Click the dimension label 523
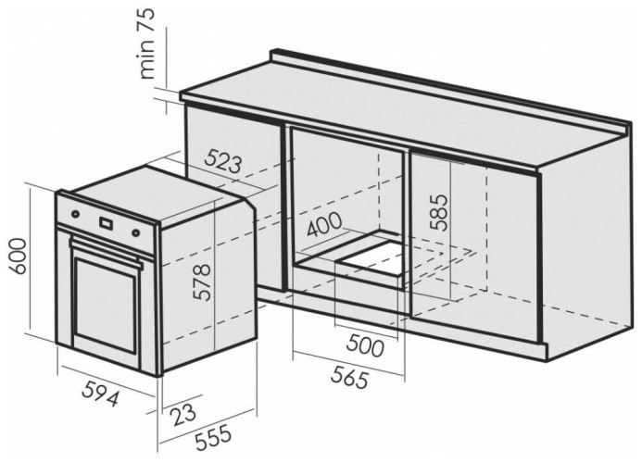coord(223,161)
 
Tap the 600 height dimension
coord(19,256)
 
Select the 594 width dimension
coord(100,394)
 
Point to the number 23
coord(183,414)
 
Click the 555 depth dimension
coord(213,438)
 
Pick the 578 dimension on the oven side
coord(202,282)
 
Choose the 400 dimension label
coord(324,224)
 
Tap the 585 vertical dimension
coord(439,212)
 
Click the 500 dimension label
coord(365,347)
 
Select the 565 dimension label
coord(350,377)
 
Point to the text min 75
coord(146,44)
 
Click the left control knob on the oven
coord(75,214)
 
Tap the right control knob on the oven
coord(135,233)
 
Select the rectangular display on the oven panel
coord(106,223)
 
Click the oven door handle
coord(106,253)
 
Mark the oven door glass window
coord(106,304)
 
